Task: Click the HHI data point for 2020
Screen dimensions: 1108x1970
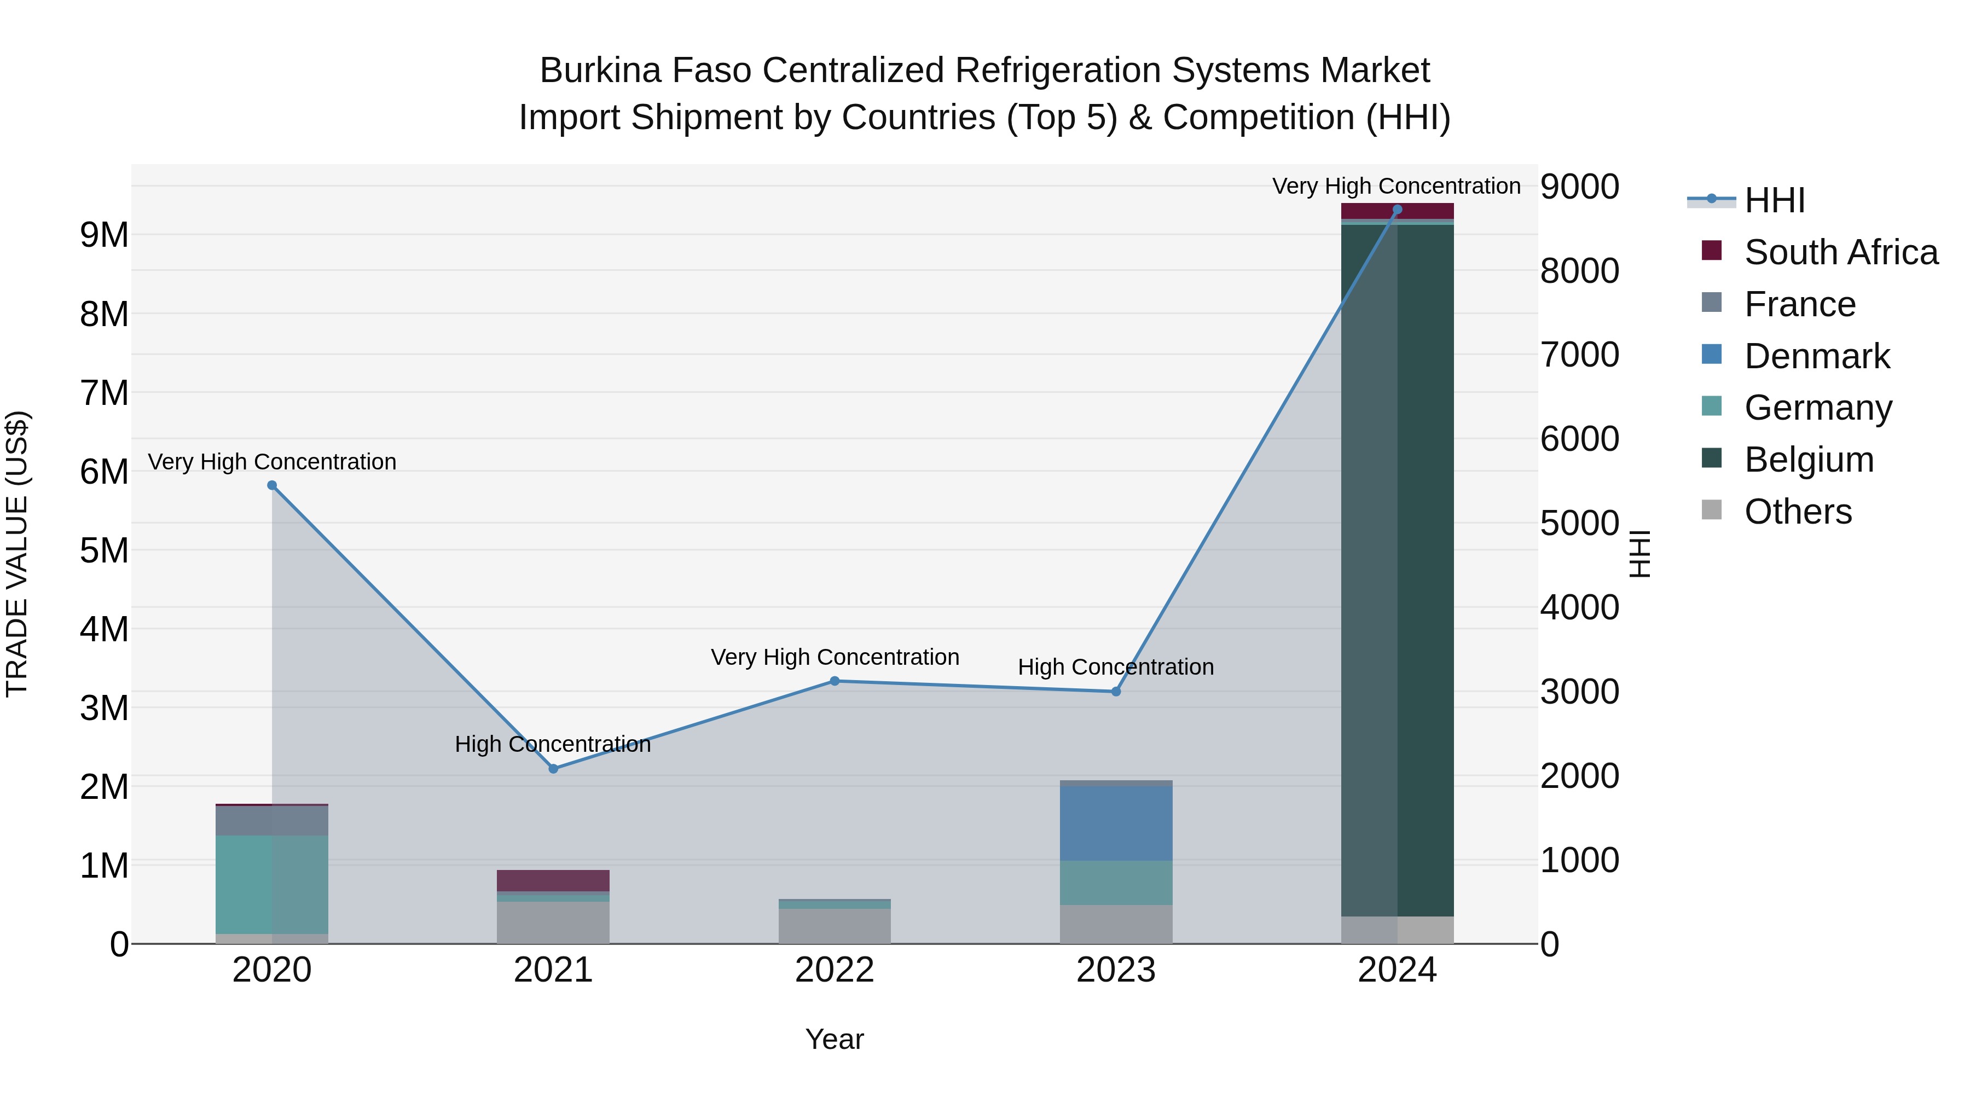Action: (273, 485)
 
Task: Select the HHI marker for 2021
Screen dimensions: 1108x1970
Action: (554, 769)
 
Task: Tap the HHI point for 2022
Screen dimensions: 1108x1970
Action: (835, 681)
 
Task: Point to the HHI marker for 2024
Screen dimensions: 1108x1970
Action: (1397, 210)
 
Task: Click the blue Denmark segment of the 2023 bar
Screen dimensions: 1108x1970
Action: (1116, 823)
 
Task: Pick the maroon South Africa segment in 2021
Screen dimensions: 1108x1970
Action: (554, 880)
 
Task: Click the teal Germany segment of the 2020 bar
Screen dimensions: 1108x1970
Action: (273, 884)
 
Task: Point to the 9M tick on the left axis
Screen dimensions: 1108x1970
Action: (104, 235)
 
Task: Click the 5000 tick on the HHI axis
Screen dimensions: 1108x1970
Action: (1579, 524)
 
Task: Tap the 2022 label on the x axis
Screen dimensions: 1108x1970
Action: (835, 970)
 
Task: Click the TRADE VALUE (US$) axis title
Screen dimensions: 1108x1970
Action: (17, 554)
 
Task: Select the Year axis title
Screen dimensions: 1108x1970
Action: (835, 1039)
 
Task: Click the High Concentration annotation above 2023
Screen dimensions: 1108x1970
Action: (1115, 667)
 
